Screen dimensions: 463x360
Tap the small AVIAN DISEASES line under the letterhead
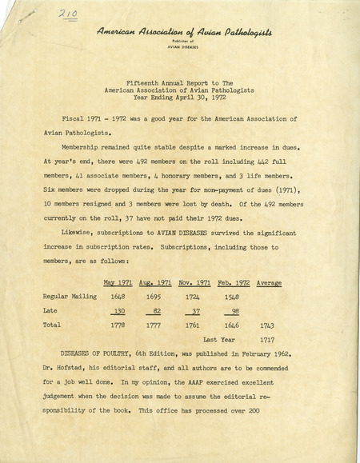click(x=184, y=47)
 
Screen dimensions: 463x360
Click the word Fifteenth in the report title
click(x=146, y=82)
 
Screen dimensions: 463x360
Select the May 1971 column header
click(x=118, y=283)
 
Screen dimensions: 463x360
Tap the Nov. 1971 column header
click(x=194, y=283)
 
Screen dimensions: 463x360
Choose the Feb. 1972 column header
click(x=233, y=283)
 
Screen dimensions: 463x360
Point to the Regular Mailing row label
click(x=69, y=297)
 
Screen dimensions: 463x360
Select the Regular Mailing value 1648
click(x=119, y=297)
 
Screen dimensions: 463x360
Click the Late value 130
click(x=118, y=311)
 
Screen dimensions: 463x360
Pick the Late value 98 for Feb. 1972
click(x=234, y=311)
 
